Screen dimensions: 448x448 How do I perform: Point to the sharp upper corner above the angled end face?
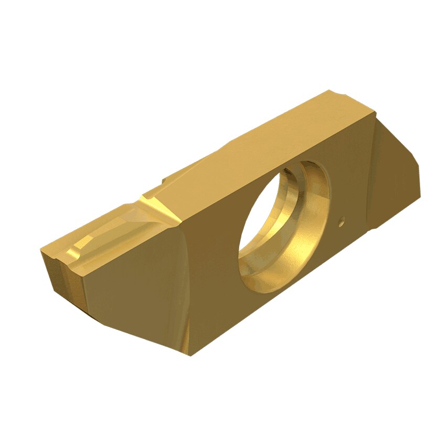click(376, 111)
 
